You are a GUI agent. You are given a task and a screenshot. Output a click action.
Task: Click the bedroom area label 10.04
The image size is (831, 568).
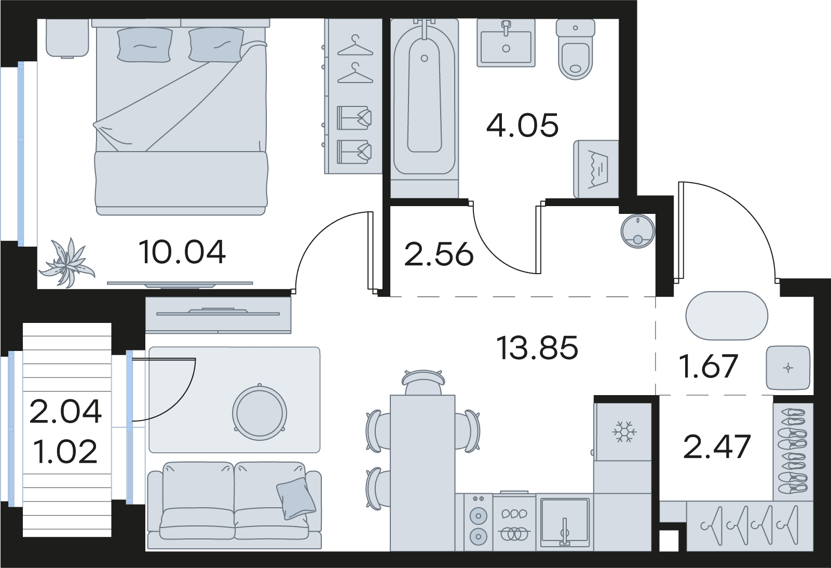[182, 252]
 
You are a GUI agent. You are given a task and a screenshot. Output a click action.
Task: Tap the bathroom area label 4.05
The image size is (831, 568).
[522, 125]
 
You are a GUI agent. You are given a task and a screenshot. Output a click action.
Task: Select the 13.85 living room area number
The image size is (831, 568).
[537, 348]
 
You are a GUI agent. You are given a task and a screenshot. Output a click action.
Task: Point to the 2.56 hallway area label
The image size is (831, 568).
[439, 254]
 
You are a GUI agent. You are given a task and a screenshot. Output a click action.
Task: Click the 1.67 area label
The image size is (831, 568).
[709, 366]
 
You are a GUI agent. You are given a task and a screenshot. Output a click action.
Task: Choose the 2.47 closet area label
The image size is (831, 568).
[717, 447]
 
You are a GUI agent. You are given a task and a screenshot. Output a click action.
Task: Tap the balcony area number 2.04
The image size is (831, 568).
[65, 411]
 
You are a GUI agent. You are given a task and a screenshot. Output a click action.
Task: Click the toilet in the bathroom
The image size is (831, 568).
[576, 49]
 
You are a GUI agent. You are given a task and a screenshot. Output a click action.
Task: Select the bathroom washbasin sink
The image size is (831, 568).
[506, 43]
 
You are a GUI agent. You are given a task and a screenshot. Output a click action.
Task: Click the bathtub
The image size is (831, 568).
[425, 107]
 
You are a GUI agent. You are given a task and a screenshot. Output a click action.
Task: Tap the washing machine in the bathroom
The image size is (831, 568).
[596, 169]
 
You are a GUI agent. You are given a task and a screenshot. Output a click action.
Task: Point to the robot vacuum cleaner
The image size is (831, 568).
[638, 231]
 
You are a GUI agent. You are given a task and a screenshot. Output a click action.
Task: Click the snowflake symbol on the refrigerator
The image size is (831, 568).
[624, 432]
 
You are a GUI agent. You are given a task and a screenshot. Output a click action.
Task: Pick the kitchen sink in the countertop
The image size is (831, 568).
[565, 522]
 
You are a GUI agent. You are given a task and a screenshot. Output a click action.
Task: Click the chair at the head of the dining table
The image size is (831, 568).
[423, 382]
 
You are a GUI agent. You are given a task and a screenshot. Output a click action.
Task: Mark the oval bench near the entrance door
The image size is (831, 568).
[727, 316]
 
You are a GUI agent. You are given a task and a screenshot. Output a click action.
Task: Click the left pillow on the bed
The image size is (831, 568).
[145, 45]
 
